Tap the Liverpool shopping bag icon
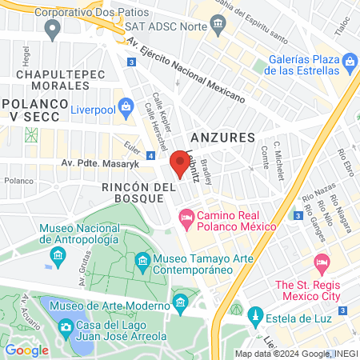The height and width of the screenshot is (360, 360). (x=126, y=106)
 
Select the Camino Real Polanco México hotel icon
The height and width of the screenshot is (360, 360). (x=186, y=216)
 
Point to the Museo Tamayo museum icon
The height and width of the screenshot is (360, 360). (x=142, y=261)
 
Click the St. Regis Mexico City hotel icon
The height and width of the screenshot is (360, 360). (x=322, y=262)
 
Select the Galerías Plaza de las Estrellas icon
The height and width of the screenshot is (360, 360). (x=349, y=62)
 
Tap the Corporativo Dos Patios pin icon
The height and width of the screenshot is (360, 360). (x=53, y=30)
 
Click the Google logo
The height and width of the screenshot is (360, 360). (x=26, y=350)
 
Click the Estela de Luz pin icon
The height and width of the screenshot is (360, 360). (x=256, y=314)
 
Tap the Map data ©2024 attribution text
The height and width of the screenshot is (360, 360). (x=296, y=353)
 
